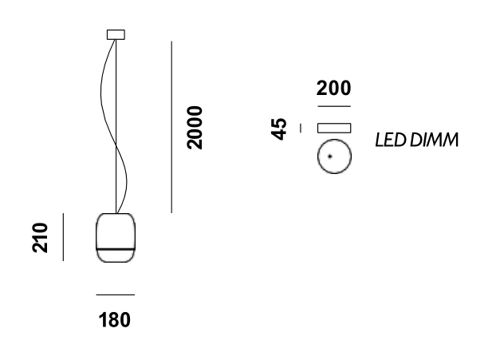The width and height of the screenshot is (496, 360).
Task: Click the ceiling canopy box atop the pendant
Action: click(x=116, y=34)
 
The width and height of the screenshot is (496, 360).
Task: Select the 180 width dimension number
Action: click(x=115, y=321)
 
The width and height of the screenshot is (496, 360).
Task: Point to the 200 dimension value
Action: click(x=333, y=89)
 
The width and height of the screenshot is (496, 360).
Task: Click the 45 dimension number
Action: click(x=279, y=128)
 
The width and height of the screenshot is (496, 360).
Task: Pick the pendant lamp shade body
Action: click(x=115, y=231)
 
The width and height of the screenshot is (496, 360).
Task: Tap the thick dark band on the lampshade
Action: click(x=115, y=250)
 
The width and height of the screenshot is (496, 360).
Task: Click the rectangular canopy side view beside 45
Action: click(x=334, y=128)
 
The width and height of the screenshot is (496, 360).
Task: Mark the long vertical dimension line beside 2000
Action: click(x=171, y=128)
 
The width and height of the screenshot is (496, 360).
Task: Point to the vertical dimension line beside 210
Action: click(x=63, y=237)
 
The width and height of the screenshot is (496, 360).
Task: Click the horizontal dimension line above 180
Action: click(x=115, y=295)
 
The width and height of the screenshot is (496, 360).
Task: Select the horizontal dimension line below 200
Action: click(x=333, y=105)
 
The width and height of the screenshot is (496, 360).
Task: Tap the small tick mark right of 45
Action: click(x=301, y=128)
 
